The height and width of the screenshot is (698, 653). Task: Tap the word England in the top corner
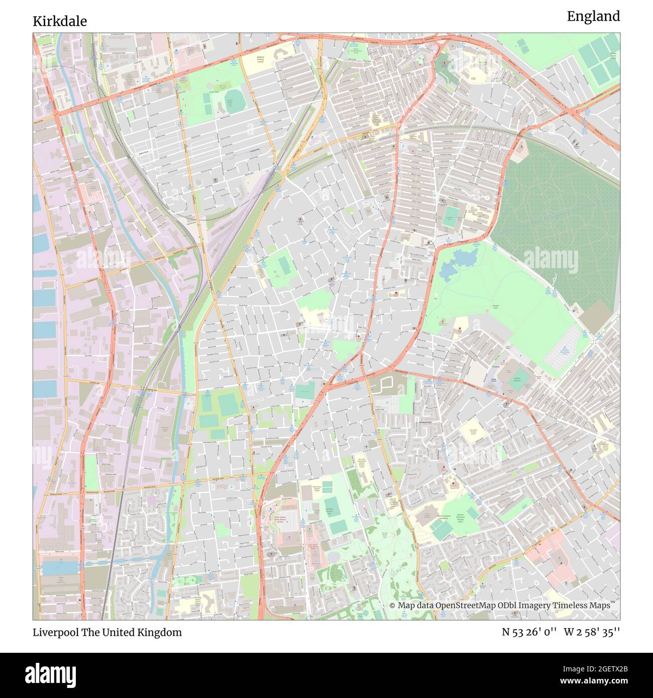click(x=593, y=17)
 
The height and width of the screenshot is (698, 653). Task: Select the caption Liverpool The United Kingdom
click(x=107, y=632)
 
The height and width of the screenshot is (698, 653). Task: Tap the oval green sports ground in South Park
click(x=233, y=99)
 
